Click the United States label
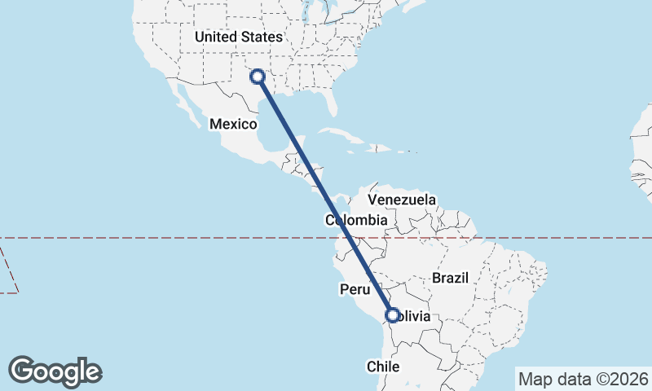(238, 37)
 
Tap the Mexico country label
(233, 124)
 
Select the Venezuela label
(402, 200)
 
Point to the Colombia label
(356, 220)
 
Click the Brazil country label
(451, 278)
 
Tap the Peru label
(355, 289)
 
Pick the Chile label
(381, 367)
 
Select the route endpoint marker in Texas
(258, 77)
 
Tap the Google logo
(55, 371)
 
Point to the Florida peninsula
(330, 103)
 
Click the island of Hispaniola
(378, 148)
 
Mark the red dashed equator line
(163, 238)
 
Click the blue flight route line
(325, 195)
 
